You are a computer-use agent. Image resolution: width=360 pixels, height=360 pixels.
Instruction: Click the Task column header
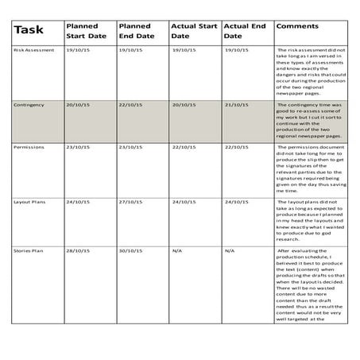29,30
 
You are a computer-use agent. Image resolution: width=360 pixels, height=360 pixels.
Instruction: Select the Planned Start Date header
87,31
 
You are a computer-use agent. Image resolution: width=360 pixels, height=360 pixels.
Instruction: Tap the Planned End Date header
137,31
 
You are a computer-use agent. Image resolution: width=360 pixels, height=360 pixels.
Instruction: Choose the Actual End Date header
244,31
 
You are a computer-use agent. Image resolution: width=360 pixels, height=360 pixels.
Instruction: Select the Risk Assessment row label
34,50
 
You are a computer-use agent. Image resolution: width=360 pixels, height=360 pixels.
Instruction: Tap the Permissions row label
29,147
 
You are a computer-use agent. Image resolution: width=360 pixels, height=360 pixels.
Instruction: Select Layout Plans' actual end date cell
236,202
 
